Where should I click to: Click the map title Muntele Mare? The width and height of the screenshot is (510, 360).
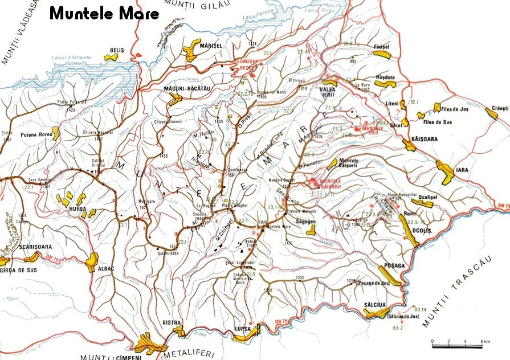coord(104,14)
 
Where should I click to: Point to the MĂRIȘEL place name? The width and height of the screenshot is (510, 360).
coord(210,46)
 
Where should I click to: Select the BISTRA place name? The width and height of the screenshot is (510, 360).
coord(172,322)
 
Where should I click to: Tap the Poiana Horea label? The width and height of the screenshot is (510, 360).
coord(36,135)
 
